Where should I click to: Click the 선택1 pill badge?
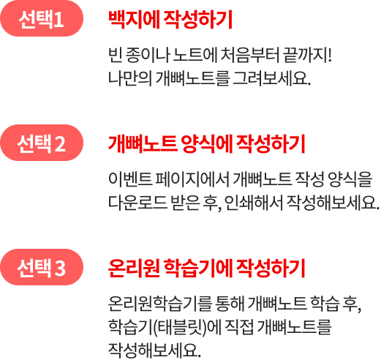click(42, 18)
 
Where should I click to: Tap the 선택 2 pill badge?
click(42, 143)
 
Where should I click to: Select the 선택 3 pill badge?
click(42, 267)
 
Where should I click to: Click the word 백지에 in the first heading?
click(134, 20)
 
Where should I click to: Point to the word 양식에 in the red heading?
click(206, 144)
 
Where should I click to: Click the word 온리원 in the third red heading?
click(134, 269)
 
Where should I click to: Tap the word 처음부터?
click(249, 55)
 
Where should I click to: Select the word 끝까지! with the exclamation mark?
click(308, 55)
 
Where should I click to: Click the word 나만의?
click(129, 78)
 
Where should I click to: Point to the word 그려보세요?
click(272, 78)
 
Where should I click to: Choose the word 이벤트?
click(130, 179)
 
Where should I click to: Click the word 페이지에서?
click(192, 179)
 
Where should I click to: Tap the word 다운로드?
click(137, 203)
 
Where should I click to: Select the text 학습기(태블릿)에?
click(165, 327)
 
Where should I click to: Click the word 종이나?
click(147, 55)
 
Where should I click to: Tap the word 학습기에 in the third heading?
click(197, 269)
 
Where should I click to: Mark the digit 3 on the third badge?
click(60, 268)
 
